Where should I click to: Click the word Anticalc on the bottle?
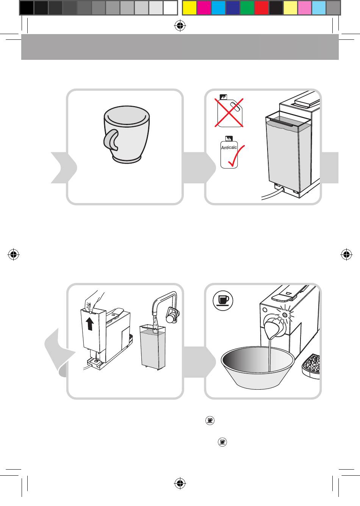(229, 148)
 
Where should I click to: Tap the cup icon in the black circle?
(223, 301)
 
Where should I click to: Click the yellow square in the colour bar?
(189, 8)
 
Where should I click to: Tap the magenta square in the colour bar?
(204, 8)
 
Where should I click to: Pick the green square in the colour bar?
(247, 8)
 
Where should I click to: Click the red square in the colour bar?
(261, 8)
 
